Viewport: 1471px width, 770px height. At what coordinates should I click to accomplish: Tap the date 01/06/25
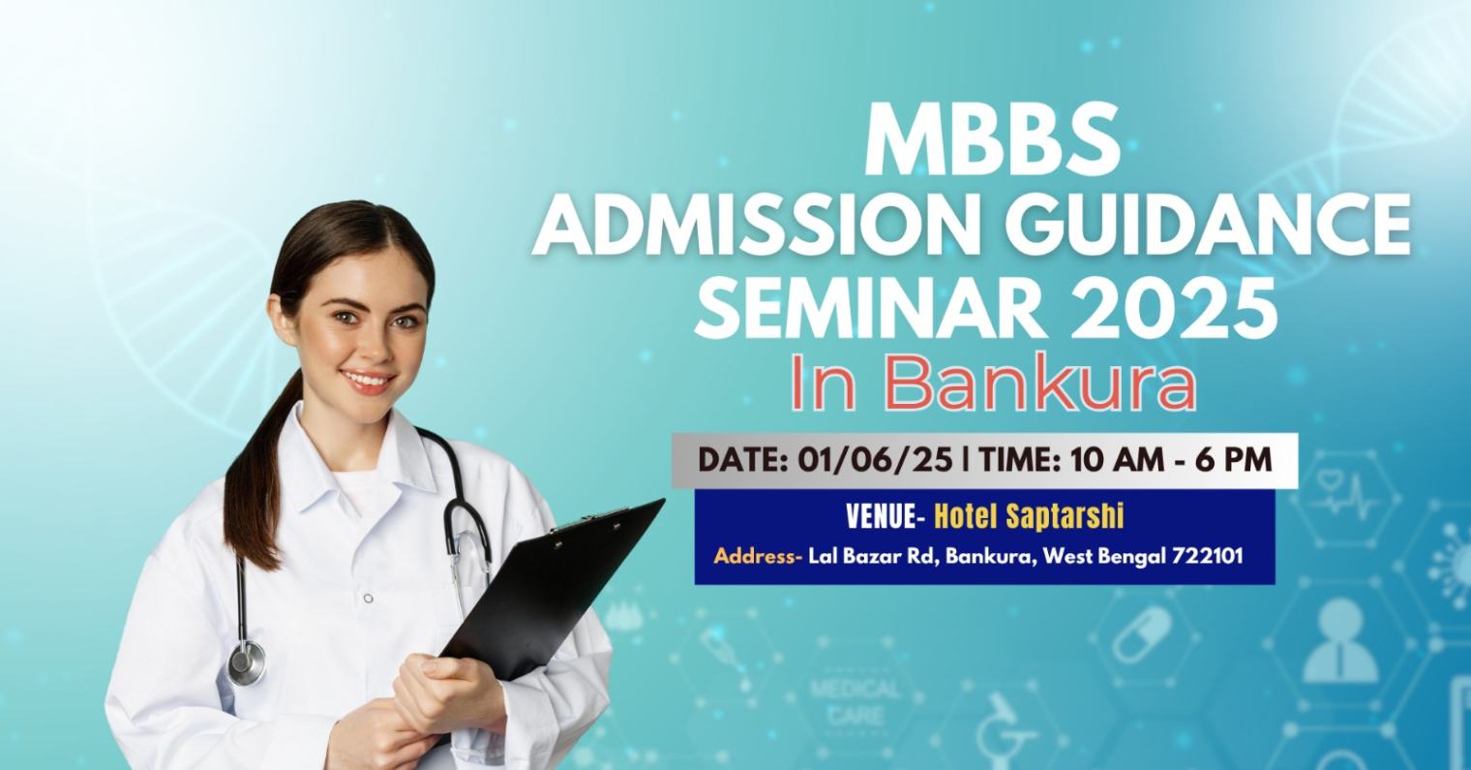click(x=875, y=460)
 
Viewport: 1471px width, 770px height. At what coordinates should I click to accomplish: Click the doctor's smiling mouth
click(x=367, y=381)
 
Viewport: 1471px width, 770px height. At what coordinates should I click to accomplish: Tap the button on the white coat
click(x=369, y=598)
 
